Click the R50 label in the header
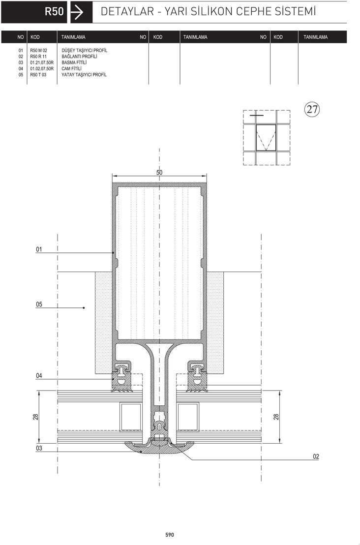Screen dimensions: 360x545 (x=54, y=11)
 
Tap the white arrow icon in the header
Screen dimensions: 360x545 (x=77, y=12)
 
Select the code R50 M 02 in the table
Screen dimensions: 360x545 (x=38, y=50)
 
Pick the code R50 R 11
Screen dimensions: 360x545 (x=38, y=56)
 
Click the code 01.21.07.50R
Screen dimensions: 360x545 (x=42, y=62)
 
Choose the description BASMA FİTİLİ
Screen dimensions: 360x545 (x=74, y=62)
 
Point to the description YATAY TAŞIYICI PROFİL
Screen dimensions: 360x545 (x=84, y=75)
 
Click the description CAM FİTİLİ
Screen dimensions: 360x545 (x=72, y=68)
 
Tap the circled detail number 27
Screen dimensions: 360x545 (x=312, y=109)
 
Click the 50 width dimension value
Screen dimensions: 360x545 (x=159, y=172)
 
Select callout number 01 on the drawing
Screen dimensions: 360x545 (x=39, y=249)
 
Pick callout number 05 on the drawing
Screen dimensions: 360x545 (x=39, y=304)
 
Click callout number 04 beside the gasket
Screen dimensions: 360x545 (x=39, y=375)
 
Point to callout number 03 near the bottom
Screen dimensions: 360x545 (x=39, y=448)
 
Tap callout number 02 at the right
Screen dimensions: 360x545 (x=316, y=456)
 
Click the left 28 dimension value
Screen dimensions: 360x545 (x=35, y=417)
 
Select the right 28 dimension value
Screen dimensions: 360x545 (x=276, y=417)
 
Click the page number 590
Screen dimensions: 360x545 (x=170, y=535)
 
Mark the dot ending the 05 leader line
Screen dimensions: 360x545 (x=84, y=308)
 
